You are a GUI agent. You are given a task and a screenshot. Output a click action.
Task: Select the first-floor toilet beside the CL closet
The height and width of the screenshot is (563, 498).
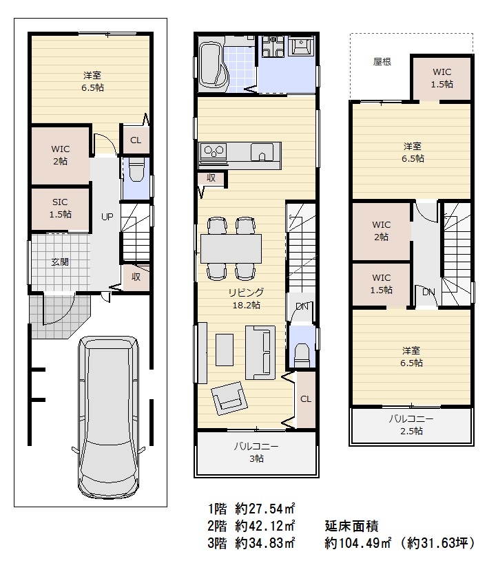136,171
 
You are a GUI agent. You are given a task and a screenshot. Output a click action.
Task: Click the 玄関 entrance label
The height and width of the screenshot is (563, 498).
60,262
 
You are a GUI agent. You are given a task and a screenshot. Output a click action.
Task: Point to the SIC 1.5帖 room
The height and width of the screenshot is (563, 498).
60,209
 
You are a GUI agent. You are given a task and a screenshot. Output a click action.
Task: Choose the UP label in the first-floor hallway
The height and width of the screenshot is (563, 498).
107,217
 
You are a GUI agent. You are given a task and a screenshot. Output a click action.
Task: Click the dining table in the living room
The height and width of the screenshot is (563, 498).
231,248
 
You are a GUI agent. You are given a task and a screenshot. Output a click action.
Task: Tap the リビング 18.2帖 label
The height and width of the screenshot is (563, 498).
247,299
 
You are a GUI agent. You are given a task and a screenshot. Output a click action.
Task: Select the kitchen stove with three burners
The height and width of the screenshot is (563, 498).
214,151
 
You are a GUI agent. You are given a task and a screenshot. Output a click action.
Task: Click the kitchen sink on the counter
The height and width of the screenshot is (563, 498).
262,152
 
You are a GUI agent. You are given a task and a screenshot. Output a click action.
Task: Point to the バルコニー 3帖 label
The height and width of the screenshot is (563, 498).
256,452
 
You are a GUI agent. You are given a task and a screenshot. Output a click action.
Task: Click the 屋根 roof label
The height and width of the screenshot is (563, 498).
382,62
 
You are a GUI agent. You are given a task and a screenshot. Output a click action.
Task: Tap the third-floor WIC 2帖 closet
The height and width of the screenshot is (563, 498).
381,231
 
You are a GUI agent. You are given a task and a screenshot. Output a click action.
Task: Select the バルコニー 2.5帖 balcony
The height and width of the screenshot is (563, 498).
411,425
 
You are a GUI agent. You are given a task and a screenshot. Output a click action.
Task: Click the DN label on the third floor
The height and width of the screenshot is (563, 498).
428,293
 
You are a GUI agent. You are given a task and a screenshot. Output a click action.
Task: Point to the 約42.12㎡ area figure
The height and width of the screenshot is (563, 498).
265,526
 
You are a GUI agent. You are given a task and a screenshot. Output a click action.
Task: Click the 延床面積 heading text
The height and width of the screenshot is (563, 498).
351,526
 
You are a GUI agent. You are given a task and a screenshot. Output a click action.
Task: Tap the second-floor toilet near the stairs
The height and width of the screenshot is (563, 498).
301,354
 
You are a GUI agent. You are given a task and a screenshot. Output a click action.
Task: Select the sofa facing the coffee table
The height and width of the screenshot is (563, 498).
261,352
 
